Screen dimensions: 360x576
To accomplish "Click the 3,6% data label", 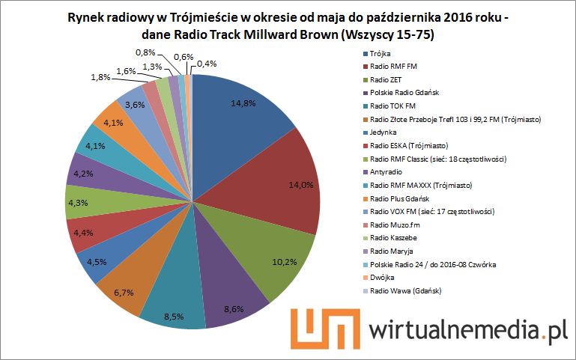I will coord(134,106).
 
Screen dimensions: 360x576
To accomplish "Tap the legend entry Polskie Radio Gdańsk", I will coord(404,92).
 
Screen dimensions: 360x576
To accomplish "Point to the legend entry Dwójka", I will coord(383,277).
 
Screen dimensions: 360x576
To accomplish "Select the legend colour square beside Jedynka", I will coord(364,132).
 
